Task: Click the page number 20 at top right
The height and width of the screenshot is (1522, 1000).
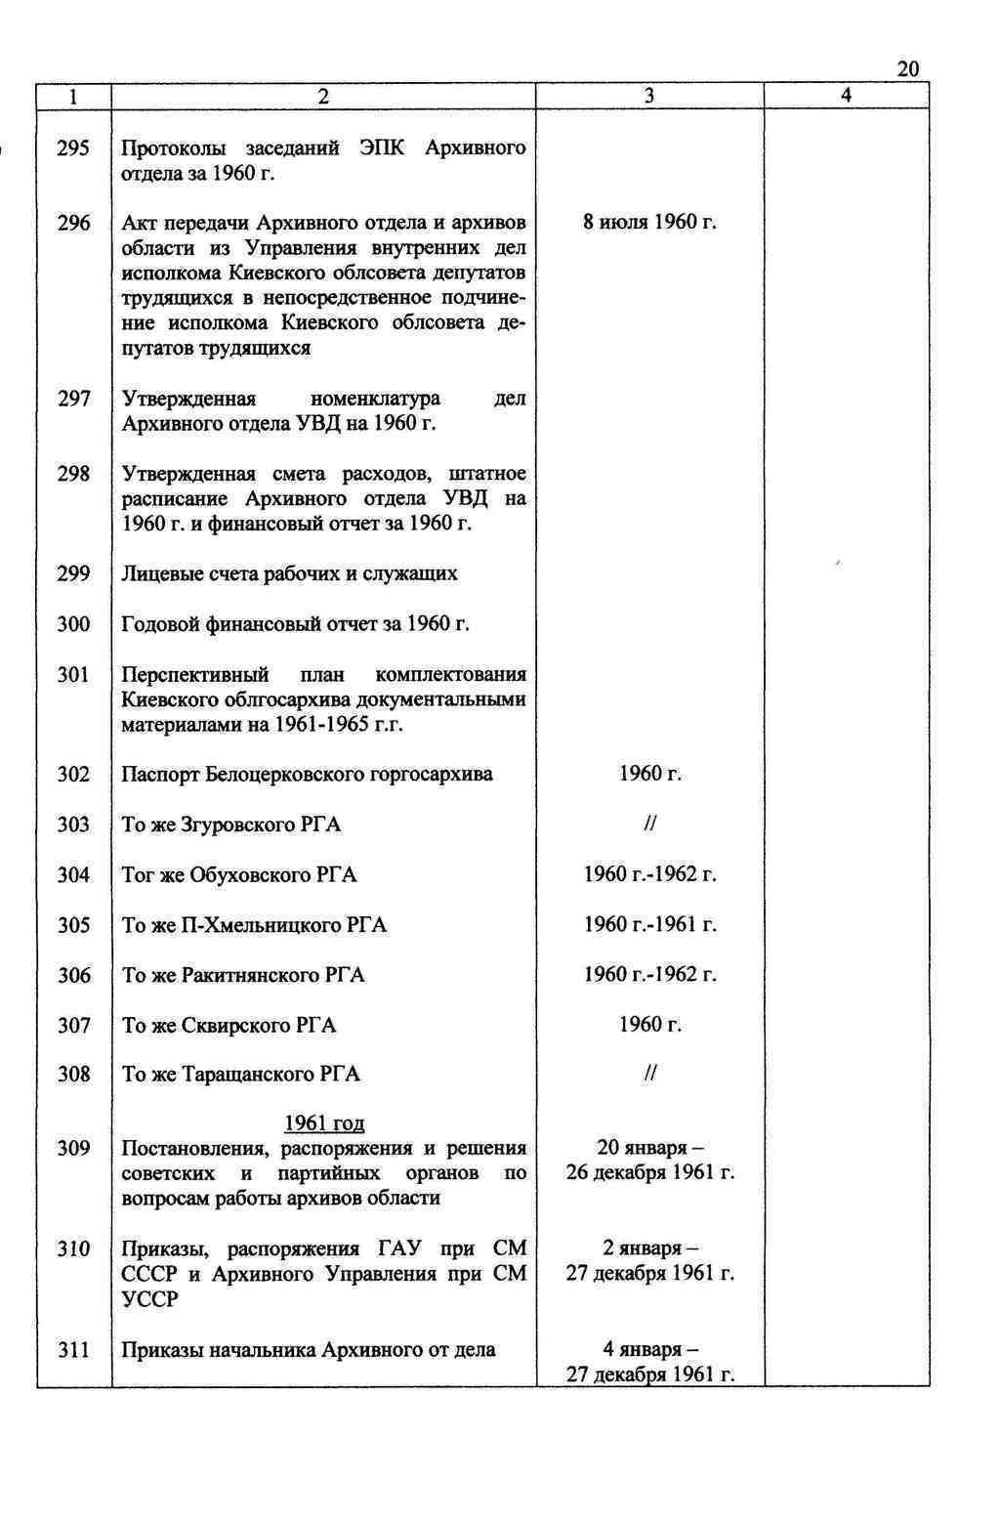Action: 906,68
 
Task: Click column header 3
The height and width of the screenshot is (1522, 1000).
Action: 649,96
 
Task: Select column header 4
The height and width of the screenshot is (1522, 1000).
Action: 846,96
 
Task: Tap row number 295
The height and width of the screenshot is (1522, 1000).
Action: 73,148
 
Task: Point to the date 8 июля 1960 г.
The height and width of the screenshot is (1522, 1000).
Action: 649,223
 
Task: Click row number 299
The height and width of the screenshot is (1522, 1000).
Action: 73,573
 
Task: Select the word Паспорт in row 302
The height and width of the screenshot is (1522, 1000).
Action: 161,775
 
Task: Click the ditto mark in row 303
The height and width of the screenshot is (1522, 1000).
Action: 649,824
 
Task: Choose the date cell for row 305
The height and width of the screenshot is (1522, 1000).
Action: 649,924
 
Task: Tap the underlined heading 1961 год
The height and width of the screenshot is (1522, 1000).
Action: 324,1123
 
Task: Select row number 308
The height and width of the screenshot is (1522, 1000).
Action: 73,1075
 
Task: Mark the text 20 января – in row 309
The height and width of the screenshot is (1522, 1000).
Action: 649,1148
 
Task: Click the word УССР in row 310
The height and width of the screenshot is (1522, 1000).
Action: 149,1299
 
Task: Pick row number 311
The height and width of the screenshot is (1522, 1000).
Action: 73,1350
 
